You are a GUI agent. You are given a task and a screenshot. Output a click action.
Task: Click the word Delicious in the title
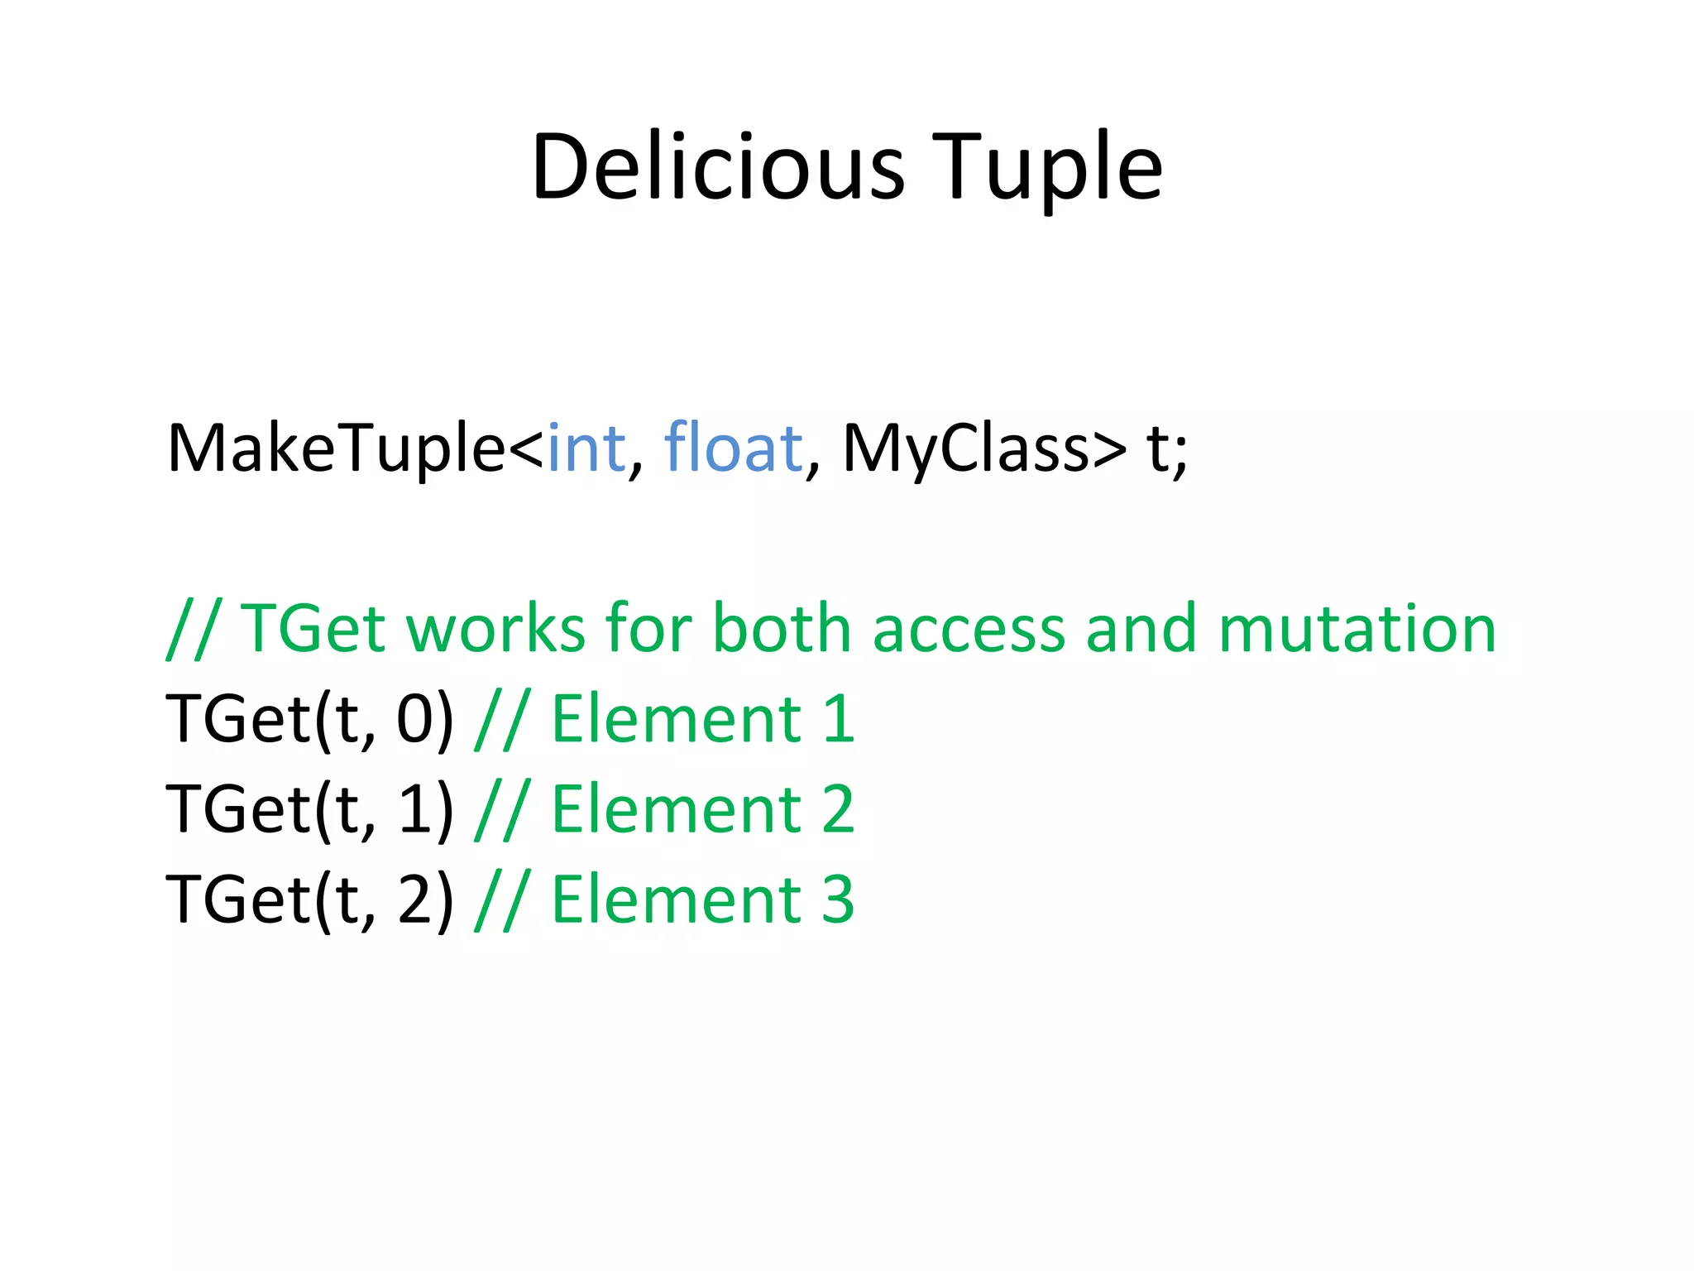coord(718,167)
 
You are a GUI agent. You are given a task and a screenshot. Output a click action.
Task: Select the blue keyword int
coord(586,448)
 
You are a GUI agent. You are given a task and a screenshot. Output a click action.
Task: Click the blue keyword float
coord(733,448)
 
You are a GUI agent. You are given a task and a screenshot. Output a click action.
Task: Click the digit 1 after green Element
coord(839,718)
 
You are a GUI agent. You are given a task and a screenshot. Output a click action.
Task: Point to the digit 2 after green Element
coord(837,808)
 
